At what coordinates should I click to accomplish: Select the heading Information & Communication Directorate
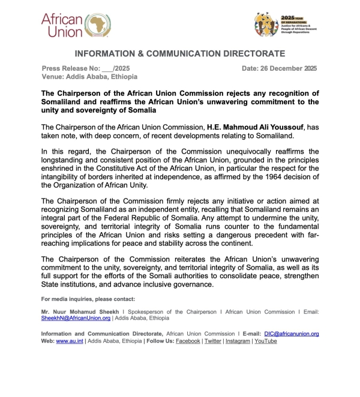click(179, 53)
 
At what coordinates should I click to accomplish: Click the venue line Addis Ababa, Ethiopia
click(89, 77)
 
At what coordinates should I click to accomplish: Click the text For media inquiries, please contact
click(88, 299)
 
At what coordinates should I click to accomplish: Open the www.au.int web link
click(70, 341)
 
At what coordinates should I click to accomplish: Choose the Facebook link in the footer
click(188, 341)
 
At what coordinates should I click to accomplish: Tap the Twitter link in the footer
click(213, 341)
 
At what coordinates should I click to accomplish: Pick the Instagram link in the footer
click(238, 341)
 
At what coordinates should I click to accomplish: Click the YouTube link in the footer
click(265, 341)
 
